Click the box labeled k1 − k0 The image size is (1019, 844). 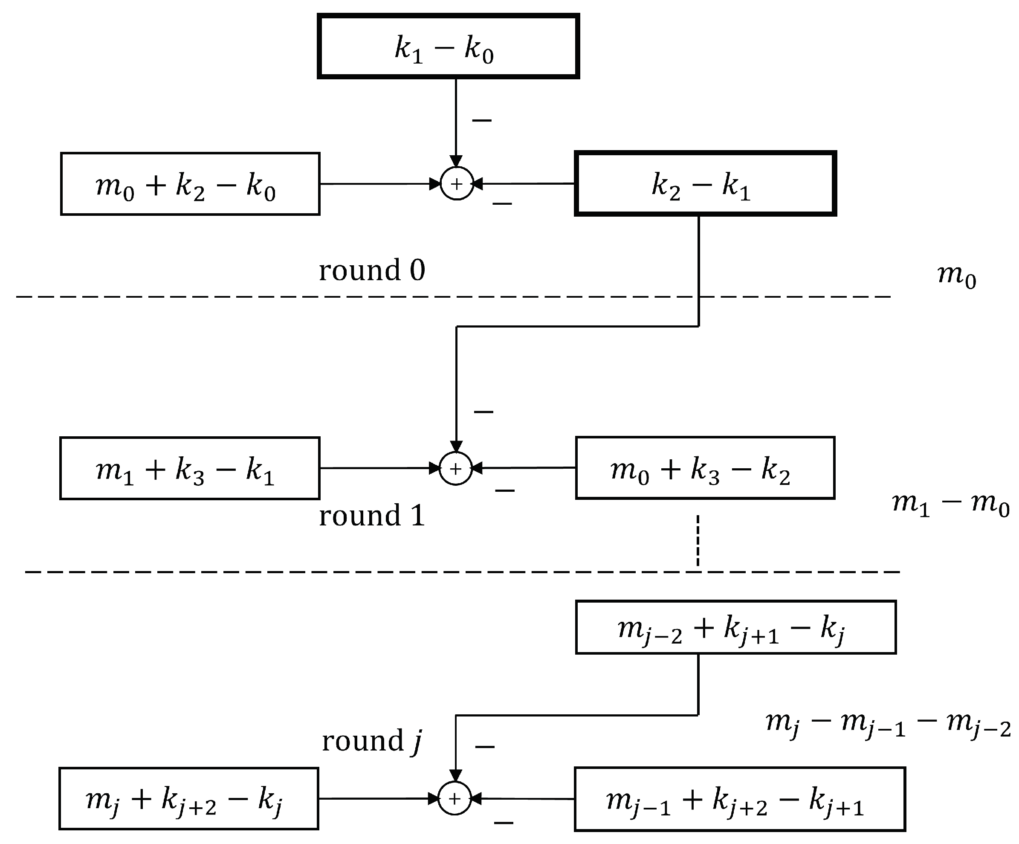[x=448, y=46]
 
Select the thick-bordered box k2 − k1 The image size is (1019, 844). [x=705, y=183]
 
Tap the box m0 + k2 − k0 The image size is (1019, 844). [x=190, y=184]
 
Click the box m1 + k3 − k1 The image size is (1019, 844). [x=190, y=468]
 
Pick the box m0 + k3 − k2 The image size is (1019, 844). [x=705, y=468]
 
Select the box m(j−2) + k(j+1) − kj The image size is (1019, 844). [x=735, y=627]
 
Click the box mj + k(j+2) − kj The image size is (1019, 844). [x=189, y=798]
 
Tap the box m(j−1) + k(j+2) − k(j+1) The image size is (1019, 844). [x=739, y=799]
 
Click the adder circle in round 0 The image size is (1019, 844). [x=457, y=184]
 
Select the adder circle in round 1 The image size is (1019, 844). [x=456, y=468]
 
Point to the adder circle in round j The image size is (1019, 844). [x=454, y=798]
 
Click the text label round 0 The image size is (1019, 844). [x=372, y=270]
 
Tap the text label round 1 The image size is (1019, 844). [x=372, y=516]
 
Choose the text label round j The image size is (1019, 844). [x=372, y=741]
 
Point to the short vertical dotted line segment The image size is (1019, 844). [x=698, y=541]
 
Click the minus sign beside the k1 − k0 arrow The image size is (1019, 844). [x=482, y=120]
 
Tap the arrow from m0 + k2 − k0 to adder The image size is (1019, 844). [x=379, y=184]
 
